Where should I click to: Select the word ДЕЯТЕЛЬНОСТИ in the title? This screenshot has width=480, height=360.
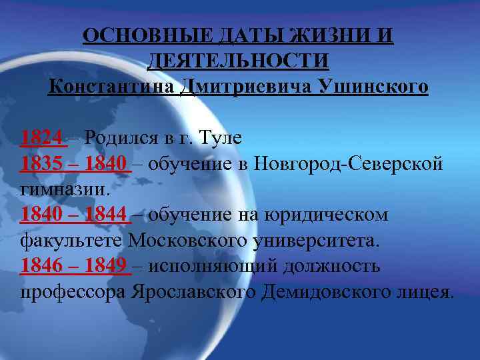click(x=238, y=61)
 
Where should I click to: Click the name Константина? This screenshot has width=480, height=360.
click(x=110, y=87)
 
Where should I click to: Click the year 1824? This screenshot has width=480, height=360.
click(x=43, y=138)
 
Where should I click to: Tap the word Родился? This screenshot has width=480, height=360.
click(x=118, y=138)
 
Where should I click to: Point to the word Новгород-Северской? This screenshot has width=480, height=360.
click(x=347, y=164)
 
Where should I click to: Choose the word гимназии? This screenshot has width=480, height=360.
click(x=64, y=189)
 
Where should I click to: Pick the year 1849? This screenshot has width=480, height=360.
click(x=106, y=266)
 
